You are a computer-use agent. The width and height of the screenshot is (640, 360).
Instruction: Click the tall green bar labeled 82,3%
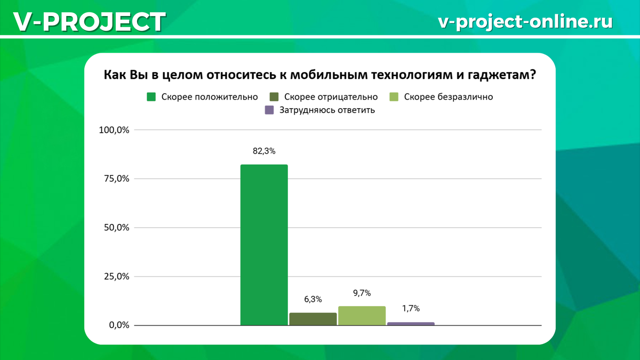264,245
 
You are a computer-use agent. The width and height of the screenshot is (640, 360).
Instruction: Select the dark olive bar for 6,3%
313,319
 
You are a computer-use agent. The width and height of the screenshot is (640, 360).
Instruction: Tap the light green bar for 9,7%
362,316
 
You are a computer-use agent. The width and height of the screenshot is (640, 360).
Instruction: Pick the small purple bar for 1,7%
411,323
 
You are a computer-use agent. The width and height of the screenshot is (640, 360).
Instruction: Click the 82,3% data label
264,151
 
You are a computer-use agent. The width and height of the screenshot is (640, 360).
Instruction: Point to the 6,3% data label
313,300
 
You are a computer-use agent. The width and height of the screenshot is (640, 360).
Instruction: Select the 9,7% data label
362,293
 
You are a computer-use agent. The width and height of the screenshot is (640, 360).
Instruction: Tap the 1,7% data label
411,308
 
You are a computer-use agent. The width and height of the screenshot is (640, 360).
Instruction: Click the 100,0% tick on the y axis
114,130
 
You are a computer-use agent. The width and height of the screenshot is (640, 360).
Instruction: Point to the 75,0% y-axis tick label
116,179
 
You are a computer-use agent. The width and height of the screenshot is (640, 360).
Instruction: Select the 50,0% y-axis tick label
116,228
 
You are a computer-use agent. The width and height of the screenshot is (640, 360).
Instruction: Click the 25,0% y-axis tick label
116,277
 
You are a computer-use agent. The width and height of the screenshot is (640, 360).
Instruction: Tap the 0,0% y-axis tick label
118,325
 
